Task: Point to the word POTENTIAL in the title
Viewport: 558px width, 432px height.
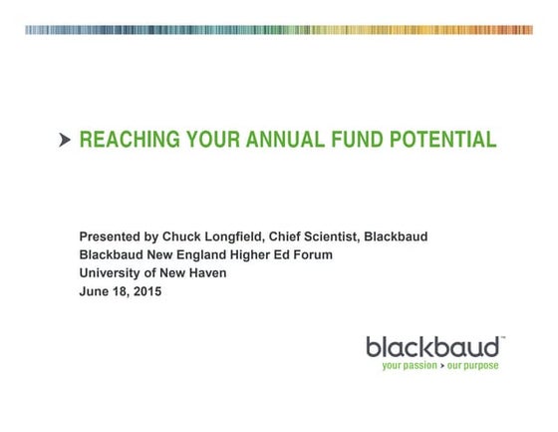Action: [x=441, y=140]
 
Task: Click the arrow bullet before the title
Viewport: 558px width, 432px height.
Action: [x=66, y=141]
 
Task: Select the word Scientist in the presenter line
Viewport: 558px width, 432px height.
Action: [x=330, y=236]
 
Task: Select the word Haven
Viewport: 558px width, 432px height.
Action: [x=207, y=272]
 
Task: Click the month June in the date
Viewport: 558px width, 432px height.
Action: [x=95, y=291]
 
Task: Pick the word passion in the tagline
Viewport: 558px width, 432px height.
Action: [x=425, y=366]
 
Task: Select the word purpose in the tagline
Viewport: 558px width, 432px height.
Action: [x=480, y=366]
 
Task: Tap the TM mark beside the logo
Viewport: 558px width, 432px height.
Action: [x=503, y=338]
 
